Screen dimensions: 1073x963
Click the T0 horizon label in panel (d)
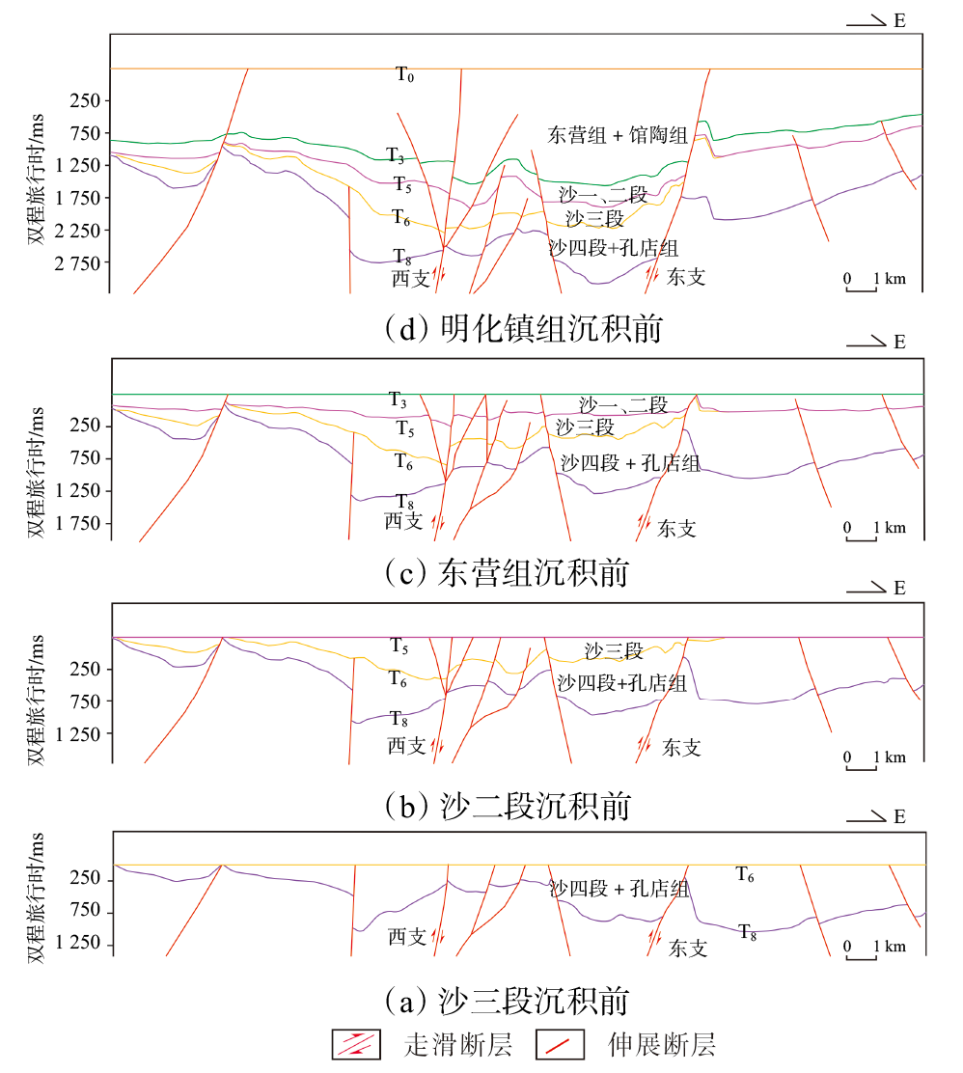[405, 74]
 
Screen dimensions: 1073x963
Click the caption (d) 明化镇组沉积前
[522, 329]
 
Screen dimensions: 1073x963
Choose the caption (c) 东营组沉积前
[505, 572]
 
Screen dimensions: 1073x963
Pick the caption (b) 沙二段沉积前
[506, 805]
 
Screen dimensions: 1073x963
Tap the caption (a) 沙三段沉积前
[506, 998]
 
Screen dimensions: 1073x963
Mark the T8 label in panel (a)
[748, 931]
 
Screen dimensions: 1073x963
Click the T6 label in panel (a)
[745, 875]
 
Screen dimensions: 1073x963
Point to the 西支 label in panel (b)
[406, 745]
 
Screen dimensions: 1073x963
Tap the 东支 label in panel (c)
[676, 529]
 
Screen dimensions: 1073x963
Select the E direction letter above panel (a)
[899, 817]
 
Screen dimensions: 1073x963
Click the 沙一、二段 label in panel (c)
[623, 405]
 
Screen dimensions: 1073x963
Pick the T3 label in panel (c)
[398, 399]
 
